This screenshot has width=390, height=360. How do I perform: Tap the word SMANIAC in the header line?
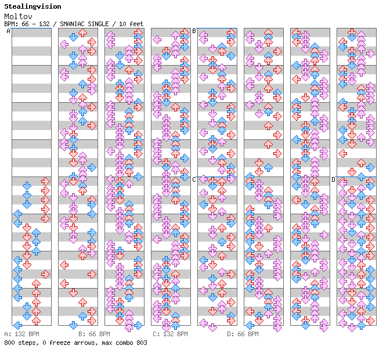(x=73, y=24)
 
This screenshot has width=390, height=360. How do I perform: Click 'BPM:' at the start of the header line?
(x=10, y=24)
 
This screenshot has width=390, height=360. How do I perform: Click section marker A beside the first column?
(x=8, y=31)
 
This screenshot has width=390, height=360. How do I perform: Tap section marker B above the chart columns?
(x=194, y=31)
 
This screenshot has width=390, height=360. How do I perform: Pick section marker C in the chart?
(x=194, y=179)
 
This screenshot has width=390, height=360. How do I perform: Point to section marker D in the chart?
(x=333, y=179)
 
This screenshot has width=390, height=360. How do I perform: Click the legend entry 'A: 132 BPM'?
(x=21, y=334)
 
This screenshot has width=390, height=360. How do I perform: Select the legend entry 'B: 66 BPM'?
(x=94, y=334)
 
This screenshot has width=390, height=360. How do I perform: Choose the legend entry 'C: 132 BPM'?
(x=170, y=334)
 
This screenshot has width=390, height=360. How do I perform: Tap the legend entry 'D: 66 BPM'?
(x=243, y=334)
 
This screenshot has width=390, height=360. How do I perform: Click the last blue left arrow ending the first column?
(x=17, y=325)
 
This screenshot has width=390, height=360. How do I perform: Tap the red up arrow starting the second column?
(x=82, y=33)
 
